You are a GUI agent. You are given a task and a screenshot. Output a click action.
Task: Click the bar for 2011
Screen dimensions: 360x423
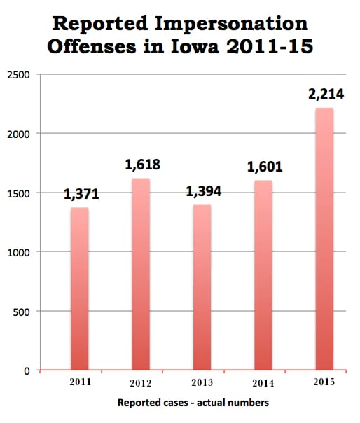coord(80,289)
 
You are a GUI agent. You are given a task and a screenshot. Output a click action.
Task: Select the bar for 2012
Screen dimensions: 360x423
coord(141,274)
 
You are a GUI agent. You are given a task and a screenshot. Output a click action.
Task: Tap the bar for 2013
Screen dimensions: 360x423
coord(202,287)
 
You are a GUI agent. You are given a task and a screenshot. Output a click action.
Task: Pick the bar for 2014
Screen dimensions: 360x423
coord(263,275)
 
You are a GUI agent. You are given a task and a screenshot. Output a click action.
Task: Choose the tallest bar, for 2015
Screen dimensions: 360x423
coord(324,239)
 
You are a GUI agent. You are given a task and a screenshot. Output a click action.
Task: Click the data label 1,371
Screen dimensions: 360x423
coord(81,194)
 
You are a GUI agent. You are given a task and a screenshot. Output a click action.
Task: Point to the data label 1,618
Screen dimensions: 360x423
coord(142,165)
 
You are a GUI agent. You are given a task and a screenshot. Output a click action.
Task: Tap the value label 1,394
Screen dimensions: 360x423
coord(204,191)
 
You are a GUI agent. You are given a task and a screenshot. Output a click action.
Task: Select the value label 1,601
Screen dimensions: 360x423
coord(265,167)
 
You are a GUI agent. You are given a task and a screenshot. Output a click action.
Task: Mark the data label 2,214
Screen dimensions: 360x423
coord(326,94)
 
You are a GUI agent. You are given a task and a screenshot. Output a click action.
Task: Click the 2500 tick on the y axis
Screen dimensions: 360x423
coord(18,75)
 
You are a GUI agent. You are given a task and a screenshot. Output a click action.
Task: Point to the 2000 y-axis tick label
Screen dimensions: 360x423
coord(18,134)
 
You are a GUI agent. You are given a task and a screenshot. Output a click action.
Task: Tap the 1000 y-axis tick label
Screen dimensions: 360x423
coord(18,253)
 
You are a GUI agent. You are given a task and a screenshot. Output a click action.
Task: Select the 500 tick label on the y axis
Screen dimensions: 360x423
coord(21,312)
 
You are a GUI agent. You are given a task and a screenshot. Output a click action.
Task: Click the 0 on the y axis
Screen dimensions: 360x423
coord(27,371)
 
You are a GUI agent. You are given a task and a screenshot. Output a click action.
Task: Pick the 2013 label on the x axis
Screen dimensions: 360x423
coord(202,382)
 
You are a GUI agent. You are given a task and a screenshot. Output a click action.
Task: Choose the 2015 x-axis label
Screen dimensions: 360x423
coord(324,382)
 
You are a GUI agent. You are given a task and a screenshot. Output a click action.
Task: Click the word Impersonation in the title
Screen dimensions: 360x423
coord(231,25)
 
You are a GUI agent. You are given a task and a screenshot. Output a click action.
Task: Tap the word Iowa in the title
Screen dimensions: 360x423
coord(195,46)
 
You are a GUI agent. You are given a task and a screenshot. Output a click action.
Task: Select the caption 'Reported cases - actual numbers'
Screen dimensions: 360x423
coord(193,403)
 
